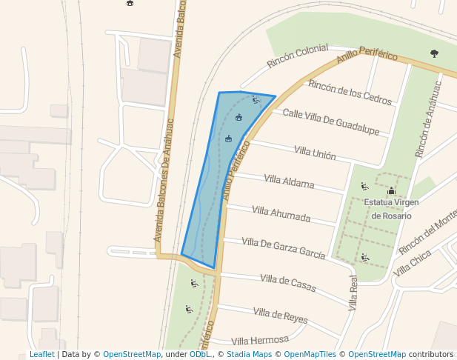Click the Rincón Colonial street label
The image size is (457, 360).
click(x=297, y=56)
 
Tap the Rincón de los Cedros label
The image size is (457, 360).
click(x=350, y=93)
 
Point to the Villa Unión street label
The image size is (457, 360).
click(x=315, y=153)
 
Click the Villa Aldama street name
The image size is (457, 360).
click(x=289, y=181)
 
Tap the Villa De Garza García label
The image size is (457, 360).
click(x=283, y=247)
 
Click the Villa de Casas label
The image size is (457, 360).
click(x=288, y=281)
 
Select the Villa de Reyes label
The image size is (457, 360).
click(x=280, y=315)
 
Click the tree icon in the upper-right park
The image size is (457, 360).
click(x=434, y=53)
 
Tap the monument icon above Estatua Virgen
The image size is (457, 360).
click(x=391, y=191)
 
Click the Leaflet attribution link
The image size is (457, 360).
click(x=41, y=355)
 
